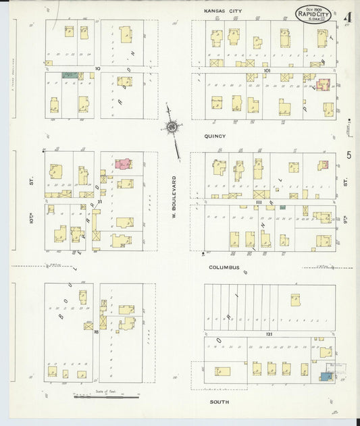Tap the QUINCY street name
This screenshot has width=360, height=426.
coord(215,136)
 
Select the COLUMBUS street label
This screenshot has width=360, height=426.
coord(224,267)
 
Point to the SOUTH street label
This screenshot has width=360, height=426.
coord(219,402)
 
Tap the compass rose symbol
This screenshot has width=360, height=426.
coord(172,126)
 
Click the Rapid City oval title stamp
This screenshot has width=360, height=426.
coord(315,12)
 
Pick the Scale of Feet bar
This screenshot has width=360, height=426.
coord(106,396)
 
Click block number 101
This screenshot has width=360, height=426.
coord(267,70)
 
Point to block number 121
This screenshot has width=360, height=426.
coord(269,335)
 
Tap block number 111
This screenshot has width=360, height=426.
coord(259,201)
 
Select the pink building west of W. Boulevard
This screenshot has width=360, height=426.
coord(123,163)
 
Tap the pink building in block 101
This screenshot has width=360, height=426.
coord(324,84)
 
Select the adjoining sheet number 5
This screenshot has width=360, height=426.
coord(349,156)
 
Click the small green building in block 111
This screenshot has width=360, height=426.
coord(282,207)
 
